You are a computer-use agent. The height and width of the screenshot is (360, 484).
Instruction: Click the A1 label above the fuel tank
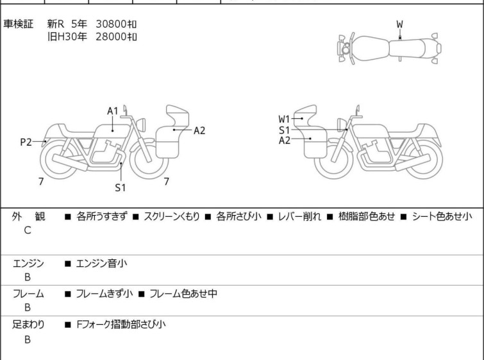point(113,111)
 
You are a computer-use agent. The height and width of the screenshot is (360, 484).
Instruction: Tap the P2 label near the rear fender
point(26,142)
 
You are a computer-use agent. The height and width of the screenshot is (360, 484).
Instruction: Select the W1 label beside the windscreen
point(284,119)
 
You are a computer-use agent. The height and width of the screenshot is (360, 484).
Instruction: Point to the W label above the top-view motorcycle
point(400,24)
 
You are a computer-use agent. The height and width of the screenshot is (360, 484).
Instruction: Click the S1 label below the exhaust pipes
point(121,187)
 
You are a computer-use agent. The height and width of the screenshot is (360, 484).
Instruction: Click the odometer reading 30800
point(111,24)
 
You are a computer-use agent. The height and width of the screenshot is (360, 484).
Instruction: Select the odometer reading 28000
point(111,37)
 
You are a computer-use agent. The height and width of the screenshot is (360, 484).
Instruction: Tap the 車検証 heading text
point(18,24)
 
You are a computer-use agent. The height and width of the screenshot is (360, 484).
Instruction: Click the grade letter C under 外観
point(28,230)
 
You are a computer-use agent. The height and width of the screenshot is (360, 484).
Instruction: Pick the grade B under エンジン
point(28,277)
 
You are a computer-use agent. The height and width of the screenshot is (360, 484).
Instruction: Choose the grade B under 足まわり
point(28,339)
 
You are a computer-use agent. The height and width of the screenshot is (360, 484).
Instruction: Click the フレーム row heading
point(28,293)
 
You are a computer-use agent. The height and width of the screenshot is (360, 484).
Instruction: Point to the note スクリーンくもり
point(172,216)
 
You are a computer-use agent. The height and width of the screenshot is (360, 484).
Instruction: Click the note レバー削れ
point(299,216)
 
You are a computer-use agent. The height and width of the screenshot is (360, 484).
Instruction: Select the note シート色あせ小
point(442,216)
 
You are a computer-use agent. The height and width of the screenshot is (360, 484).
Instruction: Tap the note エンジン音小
point(101,263)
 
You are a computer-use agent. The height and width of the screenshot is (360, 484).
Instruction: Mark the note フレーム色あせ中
point(183,293)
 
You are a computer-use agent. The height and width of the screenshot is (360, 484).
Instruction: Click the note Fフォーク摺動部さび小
point(121,325)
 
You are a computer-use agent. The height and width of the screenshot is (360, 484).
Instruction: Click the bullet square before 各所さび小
point(208,217)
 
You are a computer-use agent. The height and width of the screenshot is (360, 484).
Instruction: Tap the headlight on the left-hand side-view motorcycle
point(141,124)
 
